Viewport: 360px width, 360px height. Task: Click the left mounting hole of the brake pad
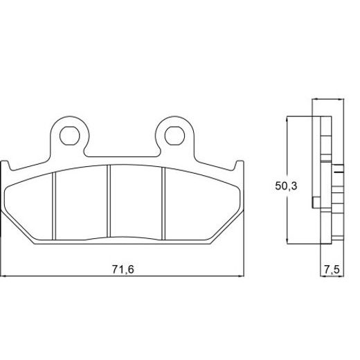point(69,134)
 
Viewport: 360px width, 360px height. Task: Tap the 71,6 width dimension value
point(121,269)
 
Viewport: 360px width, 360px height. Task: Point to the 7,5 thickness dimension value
point(330,269)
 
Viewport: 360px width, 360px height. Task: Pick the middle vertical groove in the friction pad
point(109,203)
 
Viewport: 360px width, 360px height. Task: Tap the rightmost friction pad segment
point(201,206)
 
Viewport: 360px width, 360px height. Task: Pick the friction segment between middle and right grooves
point(136,203)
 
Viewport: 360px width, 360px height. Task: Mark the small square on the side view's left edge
point(316,202)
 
